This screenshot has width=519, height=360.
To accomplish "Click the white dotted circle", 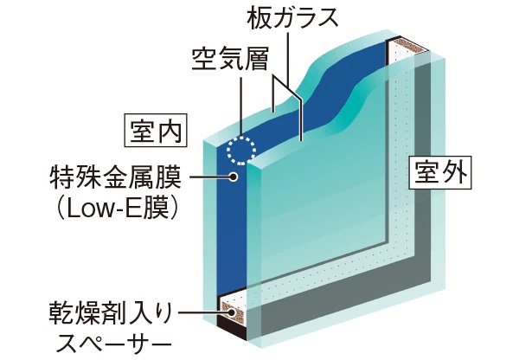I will [x=240, y=149].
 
